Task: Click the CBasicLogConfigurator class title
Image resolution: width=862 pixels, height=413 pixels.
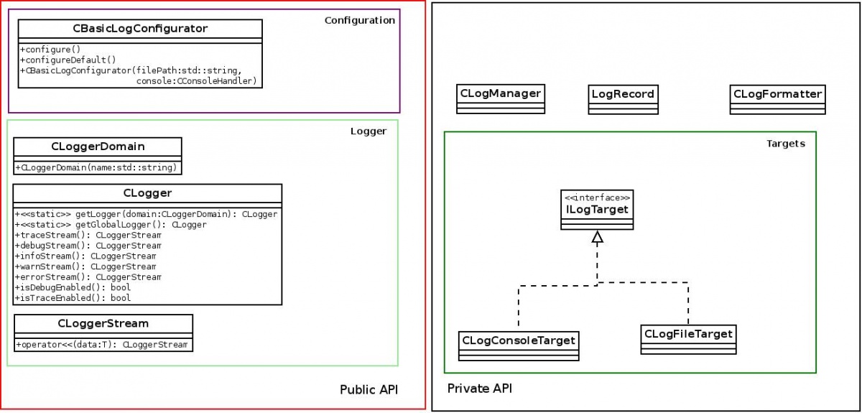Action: coord(140,29)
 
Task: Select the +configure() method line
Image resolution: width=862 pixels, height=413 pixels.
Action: coord(50,50)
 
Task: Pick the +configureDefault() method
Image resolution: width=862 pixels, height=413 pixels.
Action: coord(68,60)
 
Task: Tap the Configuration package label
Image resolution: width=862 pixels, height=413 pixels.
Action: coord(359,20)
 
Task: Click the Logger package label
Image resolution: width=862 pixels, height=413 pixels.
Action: coord(369,131)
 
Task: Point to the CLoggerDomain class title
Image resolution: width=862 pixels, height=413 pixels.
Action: coord(98,147)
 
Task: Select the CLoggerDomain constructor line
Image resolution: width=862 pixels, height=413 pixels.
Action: coord(98,167)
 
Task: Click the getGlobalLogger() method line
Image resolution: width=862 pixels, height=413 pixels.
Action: coord(111,225)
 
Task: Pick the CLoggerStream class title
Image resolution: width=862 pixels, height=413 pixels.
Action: coord(103,323)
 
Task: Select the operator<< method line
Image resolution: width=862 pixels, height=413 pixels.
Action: coord(102,345)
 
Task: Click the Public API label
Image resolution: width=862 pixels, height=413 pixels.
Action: coord(369,389)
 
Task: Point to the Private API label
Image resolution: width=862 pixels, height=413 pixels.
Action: coord(479,389)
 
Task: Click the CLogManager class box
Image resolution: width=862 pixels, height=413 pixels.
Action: coord(501,98)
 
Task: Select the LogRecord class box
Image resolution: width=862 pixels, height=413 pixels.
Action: coord(623,99)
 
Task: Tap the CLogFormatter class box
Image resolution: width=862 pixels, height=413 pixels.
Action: coord(777,99)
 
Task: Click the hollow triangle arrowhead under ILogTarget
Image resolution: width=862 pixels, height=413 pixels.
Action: coord(597,237)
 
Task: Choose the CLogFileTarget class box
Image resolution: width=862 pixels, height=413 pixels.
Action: coord(688,339)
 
